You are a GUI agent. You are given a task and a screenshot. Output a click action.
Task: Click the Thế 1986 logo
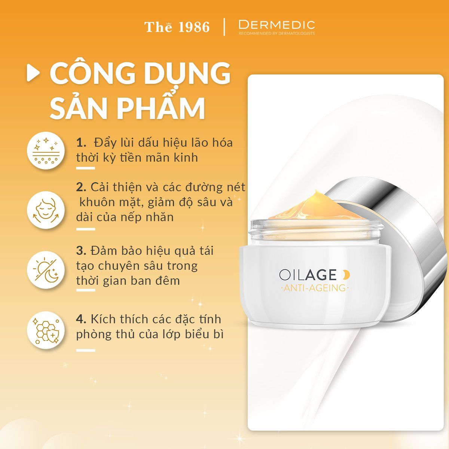click(177, 27)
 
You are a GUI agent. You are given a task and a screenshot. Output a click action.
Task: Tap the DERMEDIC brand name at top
click(277, 25)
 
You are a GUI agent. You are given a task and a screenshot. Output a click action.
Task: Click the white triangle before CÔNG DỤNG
click(33, 74)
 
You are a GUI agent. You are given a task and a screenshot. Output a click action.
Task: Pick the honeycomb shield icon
click(44, 330)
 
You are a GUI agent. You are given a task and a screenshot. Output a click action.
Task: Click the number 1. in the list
click(81, 143)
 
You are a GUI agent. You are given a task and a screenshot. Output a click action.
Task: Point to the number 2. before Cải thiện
click(81, 187)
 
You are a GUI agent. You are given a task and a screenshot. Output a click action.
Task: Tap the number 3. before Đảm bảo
click(81, 250)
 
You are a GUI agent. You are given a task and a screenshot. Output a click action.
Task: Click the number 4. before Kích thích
click(82, 319)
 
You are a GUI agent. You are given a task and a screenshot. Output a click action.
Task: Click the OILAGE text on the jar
click(308, 275)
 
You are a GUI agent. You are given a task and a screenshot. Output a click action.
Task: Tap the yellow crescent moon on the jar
click(346, 275)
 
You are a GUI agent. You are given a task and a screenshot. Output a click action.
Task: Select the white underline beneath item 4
click(85, 350)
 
